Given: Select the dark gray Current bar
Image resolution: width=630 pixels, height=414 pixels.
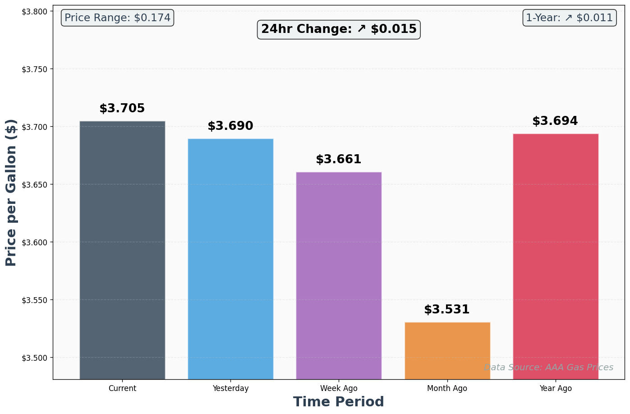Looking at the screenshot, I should pos(122,250).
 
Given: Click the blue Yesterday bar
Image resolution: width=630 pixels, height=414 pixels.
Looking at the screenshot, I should pos(230,259).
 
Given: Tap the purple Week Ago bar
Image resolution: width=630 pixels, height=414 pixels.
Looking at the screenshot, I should pos(339,276).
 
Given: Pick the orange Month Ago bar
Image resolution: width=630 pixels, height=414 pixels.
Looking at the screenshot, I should pos(447,350).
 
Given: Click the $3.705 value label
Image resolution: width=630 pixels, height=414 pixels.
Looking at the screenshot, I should pos(122,109).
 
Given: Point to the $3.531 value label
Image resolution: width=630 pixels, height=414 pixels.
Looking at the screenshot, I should pos(447,310).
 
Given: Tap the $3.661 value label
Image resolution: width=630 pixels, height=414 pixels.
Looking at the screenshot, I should pos(339,160).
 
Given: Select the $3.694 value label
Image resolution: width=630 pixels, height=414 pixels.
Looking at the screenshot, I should pos(555,121).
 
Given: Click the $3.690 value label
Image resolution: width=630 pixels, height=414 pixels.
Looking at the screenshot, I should pos(230,126).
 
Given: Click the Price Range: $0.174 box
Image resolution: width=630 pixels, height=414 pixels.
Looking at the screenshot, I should pos(118,18).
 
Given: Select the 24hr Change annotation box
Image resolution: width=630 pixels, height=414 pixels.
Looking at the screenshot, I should pos(339,29).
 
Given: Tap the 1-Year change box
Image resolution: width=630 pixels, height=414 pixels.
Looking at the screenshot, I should pos(570,18).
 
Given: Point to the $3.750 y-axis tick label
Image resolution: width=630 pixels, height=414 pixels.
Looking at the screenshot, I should pos(35,69).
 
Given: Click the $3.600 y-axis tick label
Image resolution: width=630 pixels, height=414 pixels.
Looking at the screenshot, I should pos(35,242).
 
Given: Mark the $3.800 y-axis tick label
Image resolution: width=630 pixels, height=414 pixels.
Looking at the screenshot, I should pos(35,11).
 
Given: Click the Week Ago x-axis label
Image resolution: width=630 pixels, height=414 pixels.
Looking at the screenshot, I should pos(339,388).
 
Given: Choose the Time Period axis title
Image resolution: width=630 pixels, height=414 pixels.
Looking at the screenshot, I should pos(339,402).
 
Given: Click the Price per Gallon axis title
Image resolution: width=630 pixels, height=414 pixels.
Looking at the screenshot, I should pos(11,193).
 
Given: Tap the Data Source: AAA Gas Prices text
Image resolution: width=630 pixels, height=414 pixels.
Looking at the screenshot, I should pos(548,368).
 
